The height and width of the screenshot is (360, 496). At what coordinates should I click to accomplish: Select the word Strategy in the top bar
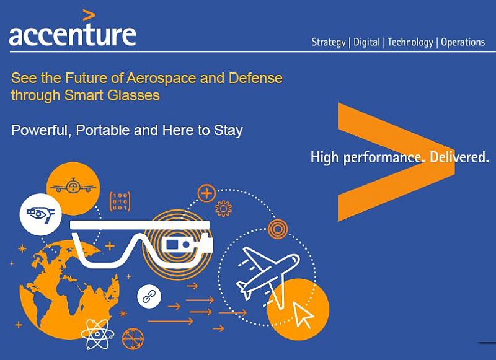tap(329, 42)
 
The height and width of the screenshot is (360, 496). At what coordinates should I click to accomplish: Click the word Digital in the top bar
tap(366, 42)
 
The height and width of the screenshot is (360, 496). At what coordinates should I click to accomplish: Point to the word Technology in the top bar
tap(410, 42)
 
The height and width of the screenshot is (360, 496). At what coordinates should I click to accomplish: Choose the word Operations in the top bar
tap(463, 42)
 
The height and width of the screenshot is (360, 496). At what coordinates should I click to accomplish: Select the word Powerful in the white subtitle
tap(39, 131)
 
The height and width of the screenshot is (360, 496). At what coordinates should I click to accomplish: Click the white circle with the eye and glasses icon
tap(40, 214)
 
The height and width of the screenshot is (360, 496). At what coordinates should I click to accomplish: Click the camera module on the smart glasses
tap(176, 247)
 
